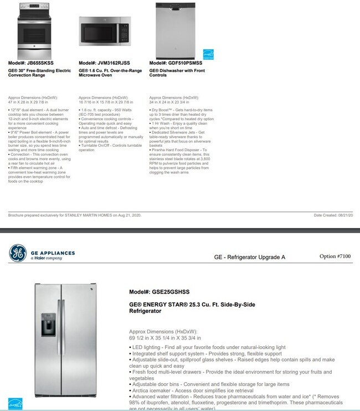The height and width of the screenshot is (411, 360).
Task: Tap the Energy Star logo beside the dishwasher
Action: pyautogui.click(x=208, y=55)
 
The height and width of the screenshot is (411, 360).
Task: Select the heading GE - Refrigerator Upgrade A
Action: pyautogui.click(x=250, y=257)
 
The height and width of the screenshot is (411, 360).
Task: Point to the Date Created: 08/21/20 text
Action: pyautogui.click(x=333, y=215)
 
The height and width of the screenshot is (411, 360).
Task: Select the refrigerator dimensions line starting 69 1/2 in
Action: pyautogui.click(x=165, y=337)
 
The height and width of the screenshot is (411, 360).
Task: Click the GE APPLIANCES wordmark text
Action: pyautogui.click(x=53, y=253)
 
